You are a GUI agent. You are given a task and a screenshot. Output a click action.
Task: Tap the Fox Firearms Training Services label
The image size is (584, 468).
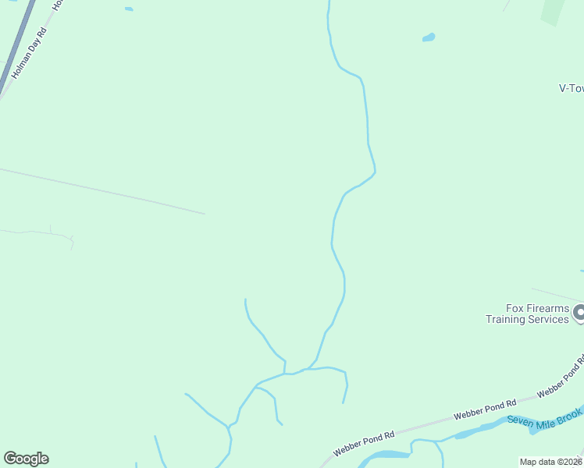coord(527,314)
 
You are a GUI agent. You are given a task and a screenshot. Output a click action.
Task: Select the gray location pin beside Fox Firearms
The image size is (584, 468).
coord(579,314)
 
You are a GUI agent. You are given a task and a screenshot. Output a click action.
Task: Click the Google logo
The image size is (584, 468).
coord(26,459)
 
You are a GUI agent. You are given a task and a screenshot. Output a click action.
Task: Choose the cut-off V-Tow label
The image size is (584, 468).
coord(572,88)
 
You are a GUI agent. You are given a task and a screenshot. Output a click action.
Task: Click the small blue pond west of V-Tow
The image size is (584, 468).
coord(428,37)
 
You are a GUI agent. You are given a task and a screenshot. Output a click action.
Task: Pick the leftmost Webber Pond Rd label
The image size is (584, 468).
coord(365,442)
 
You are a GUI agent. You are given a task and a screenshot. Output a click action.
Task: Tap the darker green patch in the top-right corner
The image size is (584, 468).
coord(553,10)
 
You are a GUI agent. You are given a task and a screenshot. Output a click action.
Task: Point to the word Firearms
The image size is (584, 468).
coord(547,308)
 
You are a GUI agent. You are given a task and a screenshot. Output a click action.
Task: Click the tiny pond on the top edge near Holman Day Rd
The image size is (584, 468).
coord(129,9)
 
